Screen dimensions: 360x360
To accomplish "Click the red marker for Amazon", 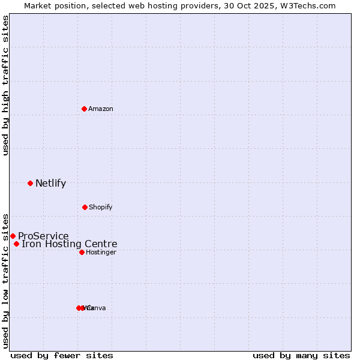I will coord(85,109).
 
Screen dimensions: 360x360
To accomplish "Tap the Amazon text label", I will coord(101,109).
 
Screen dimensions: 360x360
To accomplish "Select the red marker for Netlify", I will coord(30,183).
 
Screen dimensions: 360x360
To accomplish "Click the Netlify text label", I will coord(50,184).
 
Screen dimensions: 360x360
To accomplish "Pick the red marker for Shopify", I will coord(85,207).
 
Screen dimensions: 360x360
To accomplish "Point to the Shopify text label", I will coord(101,207).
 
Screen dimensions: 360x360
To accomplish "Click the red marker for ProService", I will coord(13,236).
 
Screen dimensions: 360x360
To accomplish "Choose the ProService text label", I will coord(43,236).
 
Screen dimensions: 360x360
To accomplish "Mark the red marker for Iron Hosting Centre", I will coord(16,244).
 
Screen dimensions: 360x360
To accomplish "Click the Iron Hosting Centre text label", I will coord(70,244).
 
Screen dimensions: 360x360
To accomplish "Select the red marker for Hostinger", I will coord(82,252).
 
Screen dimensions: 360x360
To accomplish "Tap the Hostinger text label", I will coord(101,252).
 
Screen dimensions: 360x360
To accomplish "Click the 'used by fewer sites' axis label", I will coord(62,355).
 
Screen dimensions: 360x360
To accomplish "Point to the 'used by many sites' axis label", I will coord(301,355).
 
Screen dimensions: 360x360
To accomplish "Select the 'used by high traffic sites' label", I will coord(6,85).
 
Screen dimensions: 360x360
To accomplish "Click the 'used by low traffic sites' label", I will coord(6,281).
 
